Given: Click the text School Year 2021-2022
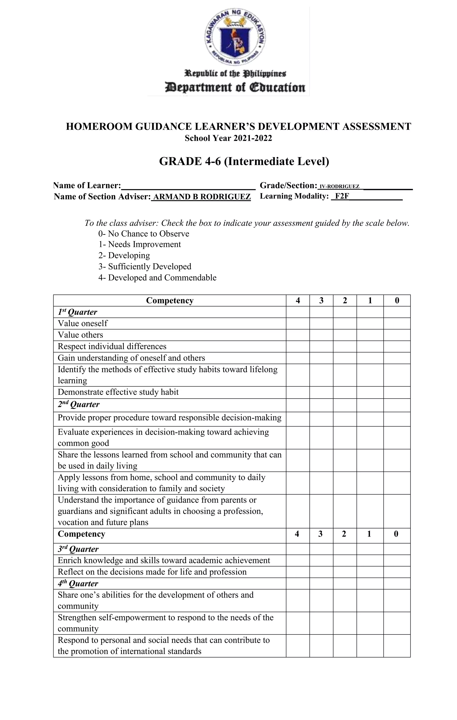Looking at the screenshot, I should [x=228, y=138].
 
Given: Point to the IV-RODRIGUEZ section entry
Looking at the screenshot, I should [x=339, y=187].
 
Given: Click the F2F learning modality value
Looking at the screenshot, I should [x=342, y=196].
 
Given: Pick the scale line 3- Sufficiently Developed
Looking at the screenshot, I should [x=145, y=267].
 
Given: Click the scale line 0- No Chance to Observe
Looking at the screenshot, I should [x=144, y=233].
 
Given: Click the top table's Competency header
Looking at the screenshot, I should [x=170, y=300].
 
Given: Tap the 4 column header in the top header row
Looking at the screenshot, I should [x=298, y=300].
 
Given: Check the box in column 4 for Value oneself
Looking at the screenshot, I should [x=298, y=323].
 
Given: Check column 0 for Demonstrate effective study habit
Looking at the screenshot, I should [x=397, y=392].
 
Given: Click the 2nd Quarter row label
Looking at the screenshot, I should [x=79, y=405].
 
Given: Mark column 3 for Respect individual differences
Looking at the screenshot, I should [x=321, y=346].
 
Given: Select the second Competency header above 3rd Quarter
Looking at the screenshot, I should [x=81, y=534].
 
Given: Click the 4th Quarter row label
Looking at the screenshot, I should [x=78, y=584].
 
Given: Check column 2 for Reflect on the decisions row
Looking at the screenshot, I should [x=345, y=572].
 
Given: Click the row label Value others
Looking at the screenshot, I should [x=80, y=335].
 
